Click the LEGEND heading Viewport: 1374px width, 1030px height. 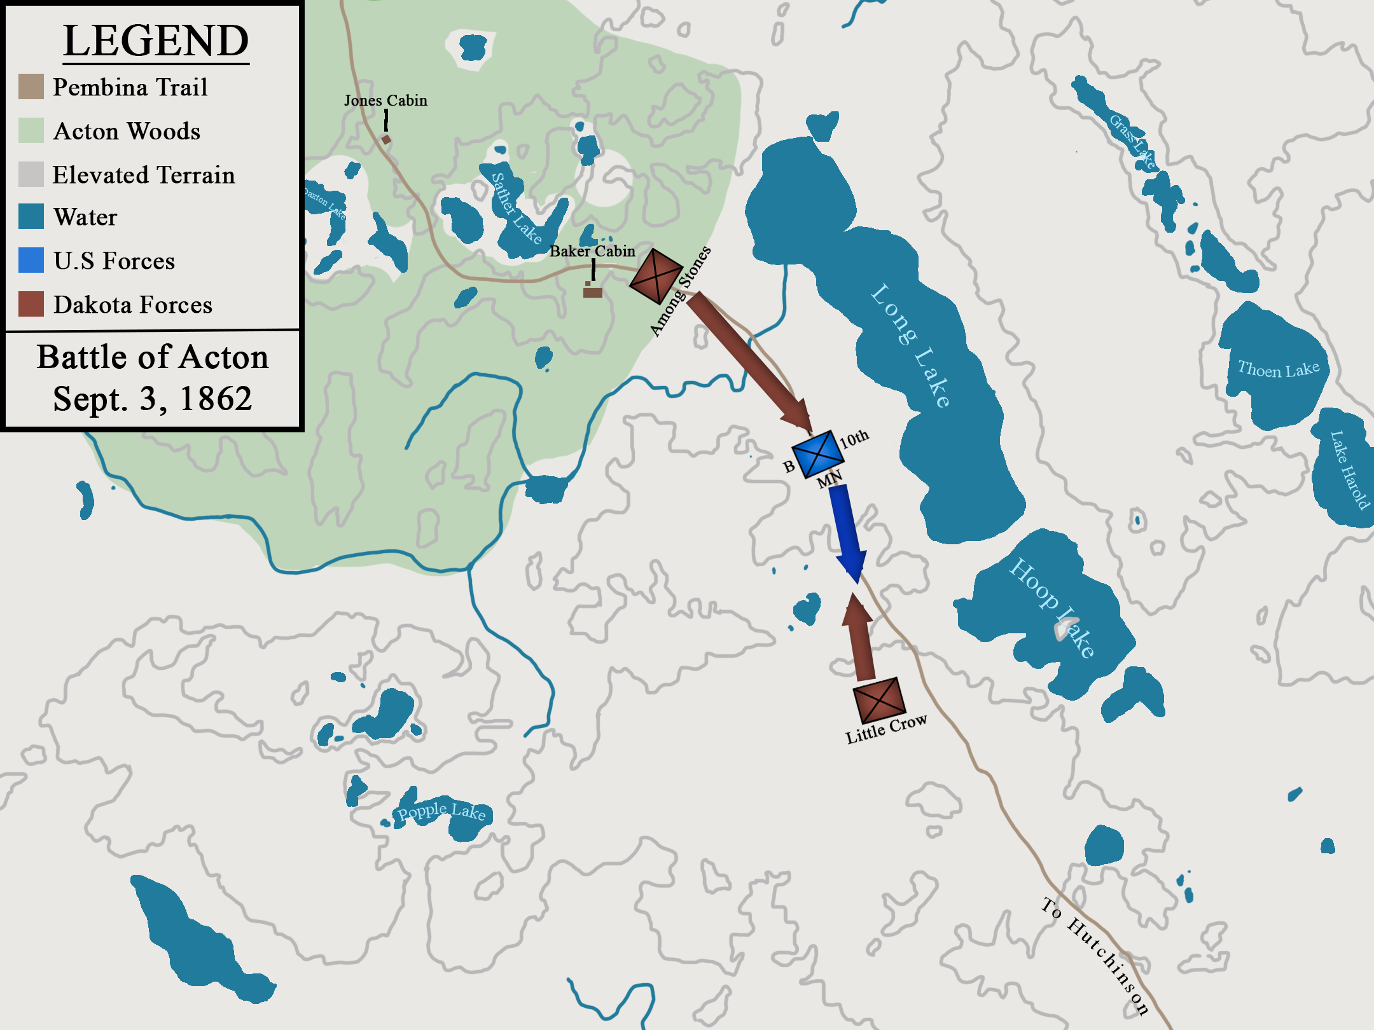pos(156,41)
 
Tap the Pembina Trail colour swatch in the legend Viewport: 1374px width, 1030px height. pos(31,87)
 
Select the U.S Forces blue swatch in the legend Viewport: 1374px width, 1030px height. pos(31,260)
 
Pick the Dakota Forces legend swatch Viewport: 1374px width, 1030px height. pos(31,304)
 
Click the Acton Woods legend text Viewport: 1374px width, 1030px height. pos(127,132)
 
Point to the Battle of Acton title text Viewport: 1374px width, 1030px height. pos(153,357)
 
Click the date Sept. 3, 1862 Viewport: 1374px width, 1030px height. pos(153,399)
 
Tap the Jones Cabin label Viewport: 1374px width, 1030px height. pos(385,100)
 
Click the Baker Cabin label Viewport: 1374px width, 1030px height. pos(592,251)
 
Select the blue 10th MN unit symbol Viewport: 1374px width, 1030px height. pos(818,453)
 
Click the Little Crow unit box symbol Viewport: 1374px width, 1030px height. pos(878,700)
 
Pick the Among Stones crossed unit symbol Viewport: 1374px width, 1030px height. pos(655,276)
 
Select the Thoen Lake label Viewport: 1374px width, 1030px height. pos(1278,369)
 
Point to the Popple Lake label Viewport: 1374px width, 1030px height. pos(441,811)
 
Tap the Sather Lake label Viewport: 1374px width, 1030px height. pos(516,208)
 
